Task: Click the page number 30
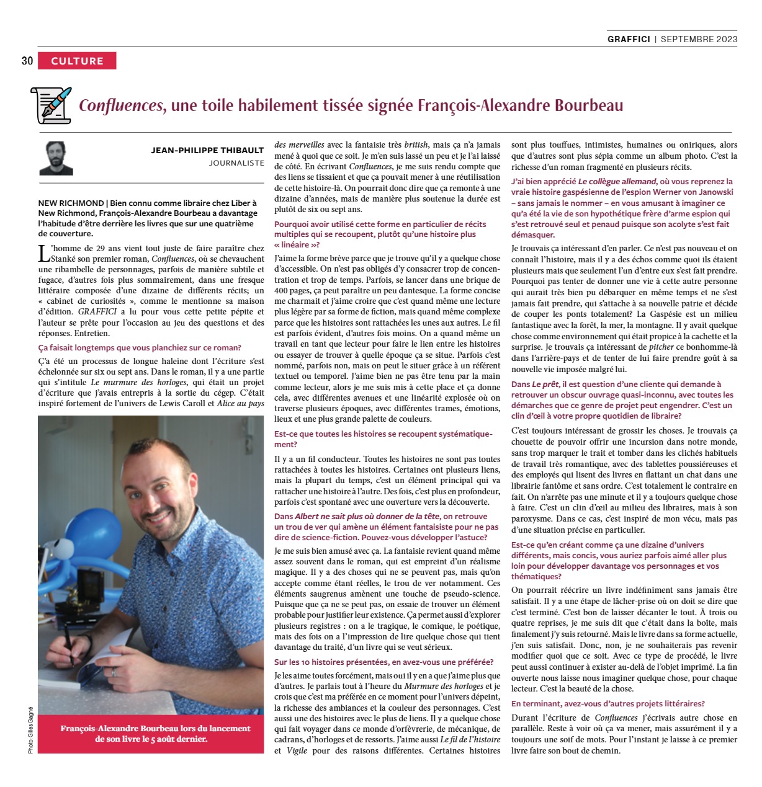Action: [x=27, y=61]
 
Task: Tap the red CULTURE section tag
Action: [x=77, y=61]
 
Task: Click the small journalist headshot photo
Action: [x=56, y=159]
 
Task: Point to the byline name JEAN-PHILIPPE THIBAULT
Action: [x=207, y=150]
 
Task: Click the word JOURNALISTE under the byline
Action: [x=236, y=163]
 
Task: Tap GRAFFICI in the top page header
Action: [x=629, y=38]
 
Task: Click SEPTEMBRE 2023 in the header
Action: [x=699, y=38]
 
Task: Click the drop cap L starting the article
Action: [x=43, y=252]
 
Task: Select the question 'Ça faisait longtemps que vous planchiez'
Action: [x=140, y=348]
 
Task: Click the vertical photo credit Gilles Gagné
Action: [x=30, y=730]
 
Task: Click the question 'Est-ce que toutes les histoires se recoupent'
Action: [x=383, y=439]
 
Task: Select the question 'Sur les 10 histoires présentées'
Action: [x=383, y=662]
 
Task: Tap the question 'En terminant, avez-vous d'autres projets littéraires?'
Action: [x=607, y=703]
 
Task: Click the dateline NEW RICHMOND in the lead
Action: [x=71, y=203]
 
